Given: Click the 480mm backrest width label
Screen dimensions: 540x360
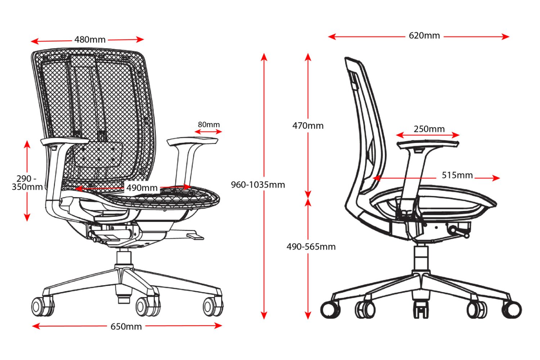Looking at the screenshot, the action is (90, 40).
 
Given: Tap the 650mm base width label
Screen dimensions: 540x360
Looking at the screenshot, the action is (126, 327).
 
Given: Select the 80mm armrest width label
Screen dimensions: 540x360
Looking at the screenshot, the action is (209, 125).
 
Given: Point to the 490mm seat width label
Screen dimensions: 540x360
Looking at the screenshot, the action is (142, 188).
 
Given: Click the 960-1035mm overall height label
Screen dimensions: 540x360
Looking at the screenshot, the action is (258, 185).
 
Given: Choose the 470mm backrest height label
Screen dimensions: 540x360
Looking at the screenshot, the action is (308, 126).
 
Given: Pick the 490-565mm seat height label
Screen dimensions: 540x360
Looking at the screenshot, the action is (311, 247).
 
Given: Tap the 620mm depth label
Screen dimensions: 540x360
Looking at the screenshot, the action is (424, 36).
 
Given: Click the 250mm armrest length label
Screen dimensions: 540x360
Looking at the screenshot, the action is (429, 129).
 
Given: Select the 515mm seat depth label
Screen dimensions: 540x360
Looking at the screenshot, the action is (457, 175).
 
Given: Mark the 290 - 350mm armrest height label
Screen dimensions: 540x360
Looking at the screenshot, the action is (27, 183).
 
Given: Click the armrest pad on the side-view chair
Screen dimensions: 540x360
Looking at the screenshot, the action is (428, 144).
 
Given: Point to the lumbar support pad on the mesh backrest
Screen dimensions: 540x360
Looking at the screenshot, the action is (98, 154).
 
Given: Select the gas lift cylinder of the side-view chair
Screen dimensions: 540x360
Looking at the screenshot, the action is (421, 257).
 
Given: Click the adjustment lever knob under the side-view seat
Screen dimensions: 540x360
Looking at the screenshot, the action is (467, 235).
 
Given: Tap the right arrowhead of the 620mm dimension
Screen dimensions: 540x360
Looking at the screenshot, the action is (505, 37).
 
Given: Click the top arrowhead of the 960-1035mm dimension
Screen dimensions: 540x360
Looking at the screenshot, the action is (264, 57).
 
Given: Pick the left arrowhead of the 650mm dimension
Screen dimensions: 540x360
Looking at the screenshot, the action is (36, 327).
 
